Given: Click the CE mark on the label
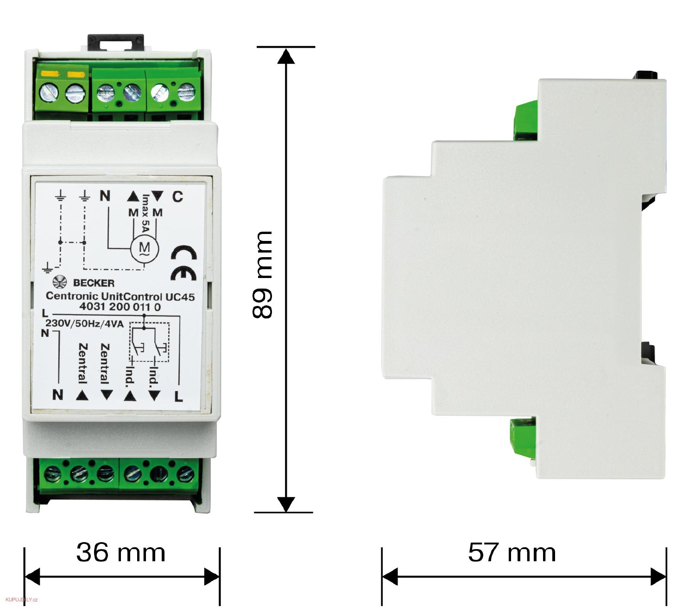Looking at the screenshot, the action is pyautogui.click(x=183, y=264).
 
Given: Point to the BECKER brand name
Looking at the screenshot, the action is pyautogui.click(x=94, y=283).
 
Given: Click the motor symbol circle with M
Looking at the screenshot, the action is pyautogui.click(x=145, y=250).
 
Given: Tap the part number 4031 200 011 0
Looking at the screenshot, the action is pyautogui.click(x=120, y=307).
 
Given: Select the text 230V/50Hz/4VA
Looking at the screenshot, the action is pyautogui.click(x=85, y=323).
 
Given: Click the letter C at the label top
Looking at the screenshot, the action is pyautogui.click(x=177, y=196).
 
